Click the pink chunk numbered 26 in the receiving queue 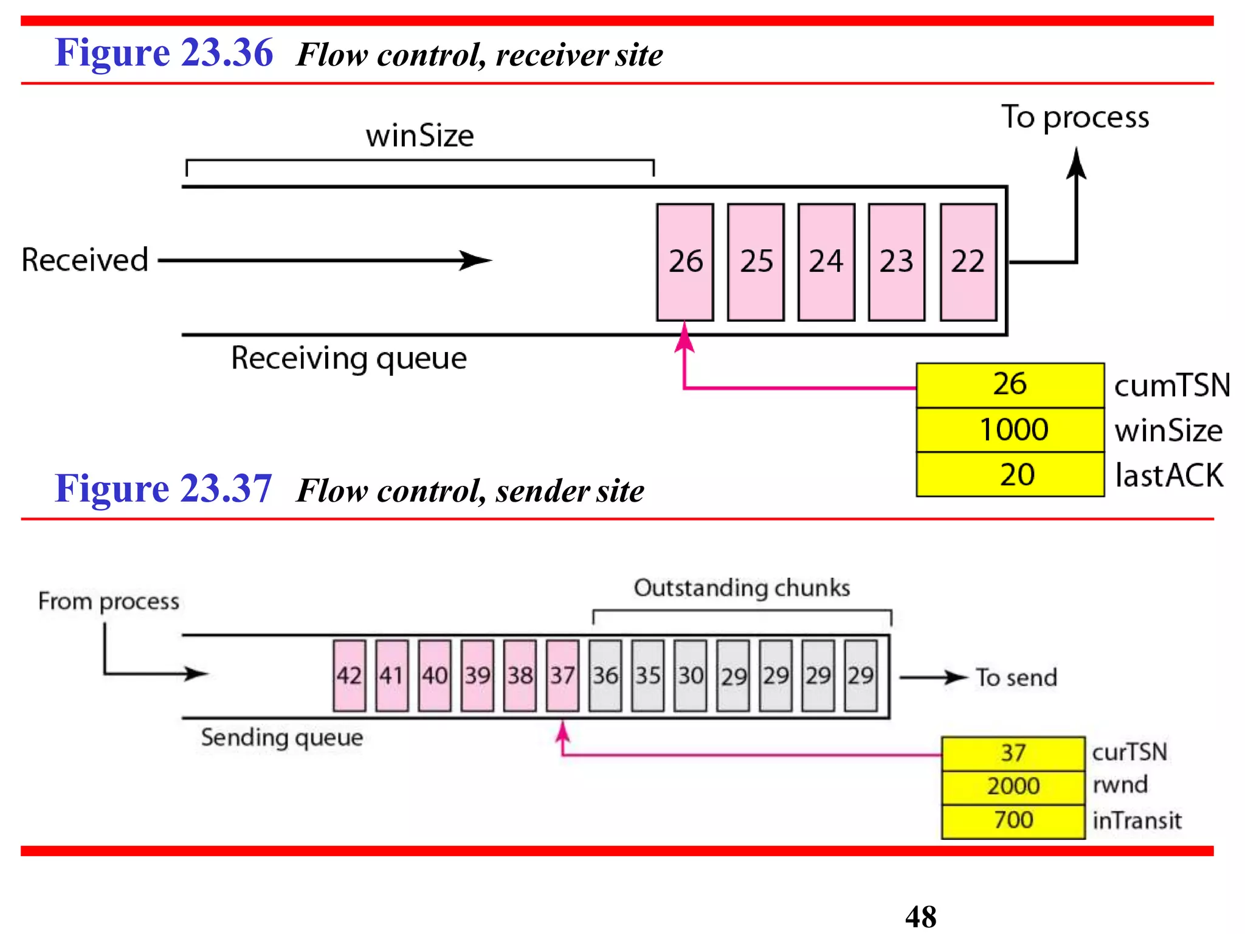685,262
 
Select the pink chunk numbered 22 968,262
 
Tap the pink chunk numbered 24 826,262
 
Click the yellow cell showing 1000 1010,429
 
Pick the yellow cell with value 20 1010,474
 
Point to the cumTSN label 1171,386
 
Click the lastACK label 1169,476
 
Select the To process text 1075,117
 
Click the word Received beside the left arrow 85,260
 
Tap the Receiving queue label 349,358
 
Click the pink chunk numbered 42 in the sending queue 350,676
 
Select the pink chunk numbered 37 562,676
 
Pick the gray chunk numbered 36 605,676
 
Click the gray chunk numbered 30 691,676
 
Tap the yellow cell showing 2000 1013,786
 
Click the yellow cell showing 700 1013,820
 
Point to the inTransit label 1137,821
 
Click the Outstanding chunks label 742,588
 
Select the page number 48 920,916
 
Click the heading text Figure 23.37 163,489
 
